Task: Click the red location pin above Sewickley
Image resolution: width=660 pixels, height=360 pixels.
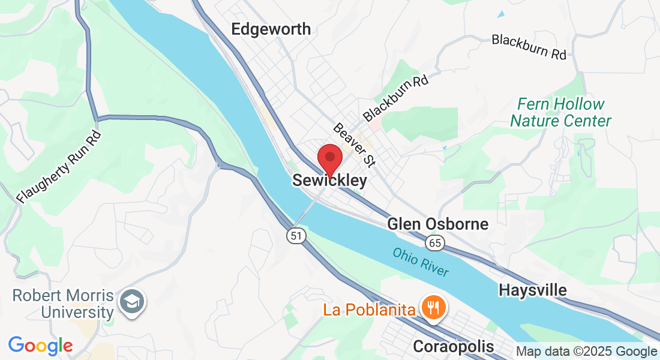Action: click(329, 159)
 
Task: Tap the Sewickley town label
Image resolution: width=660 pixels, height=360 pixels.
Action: click(329, 181)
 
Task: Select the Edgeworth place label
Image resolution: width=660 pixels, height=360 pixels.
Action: click(271, 29)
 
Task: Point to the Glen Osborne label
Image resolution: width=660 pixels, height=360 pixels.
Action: click(438, 224)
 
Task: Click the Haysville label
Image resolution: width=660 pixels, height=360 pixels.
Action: click(533, 290)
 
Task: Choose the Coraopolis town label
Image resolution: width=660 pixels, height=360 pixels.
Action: click(454, 347)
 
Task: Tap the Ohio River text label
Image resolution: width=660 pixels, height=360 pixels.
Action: click(421, 262)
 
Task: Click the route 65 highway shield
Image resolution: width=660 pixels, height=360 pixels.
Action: click(435, 243)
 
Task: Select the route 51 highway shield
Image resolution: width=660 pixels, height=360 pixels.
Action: click(295, 235)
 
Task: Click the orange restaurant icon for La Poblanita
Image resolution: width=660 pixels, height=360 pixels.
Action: click(432, 308)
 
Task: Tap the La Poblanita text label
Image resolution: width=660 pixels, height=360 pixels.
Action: click(370, 310)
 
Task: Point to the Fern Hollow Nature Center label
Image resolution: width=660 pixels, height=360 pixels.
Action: click(560, 113)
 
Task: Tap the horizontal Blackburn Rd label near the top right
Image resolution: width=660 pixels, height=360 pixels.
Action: click(529, 47)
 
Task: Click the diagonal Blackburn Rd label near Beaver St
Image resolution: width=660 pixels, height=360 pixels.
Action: click(396, 97)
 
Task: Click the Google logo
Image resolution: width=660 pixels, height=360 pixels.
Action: click(40, 346)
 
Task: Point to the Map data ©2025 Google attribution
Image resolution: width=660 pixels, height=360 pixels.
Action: click(587, 352)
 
